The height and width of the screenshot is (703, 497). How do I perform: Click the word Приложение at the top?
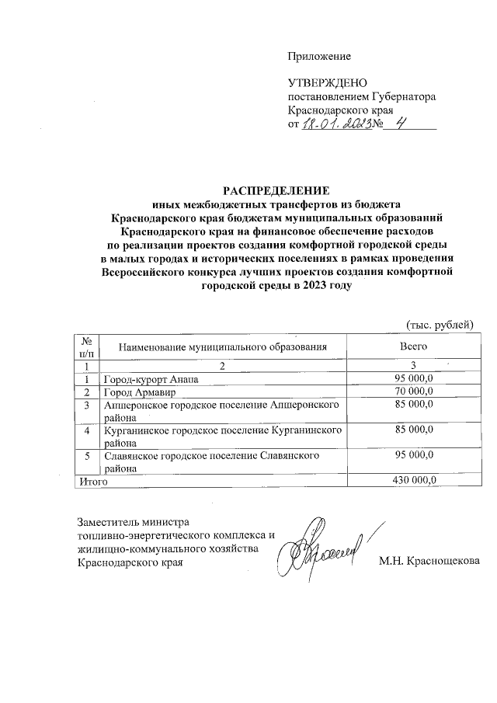tap(319, 56)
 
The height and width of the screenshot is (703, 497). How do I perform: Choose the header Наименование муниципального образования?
tap(222, 346)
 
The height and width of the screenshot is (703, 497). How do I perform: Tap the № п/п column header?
tap(88, 346)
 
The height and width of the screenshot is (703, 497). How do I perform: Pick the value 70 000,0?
tap(414, 392)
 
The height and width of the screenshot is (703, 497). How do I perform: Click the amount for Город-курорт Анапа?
tap(414, 378)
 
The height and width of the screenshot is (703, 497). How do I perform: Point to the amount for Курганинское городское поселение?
tap(414, 429)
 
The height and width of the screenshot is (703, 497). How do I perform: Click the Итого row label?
tap(90, 481)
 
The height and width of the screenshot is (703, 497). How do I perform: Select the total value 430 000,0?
tap(414, 481)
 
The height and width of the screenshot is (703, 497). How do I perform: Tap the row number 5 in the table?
tap(88, 454)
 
